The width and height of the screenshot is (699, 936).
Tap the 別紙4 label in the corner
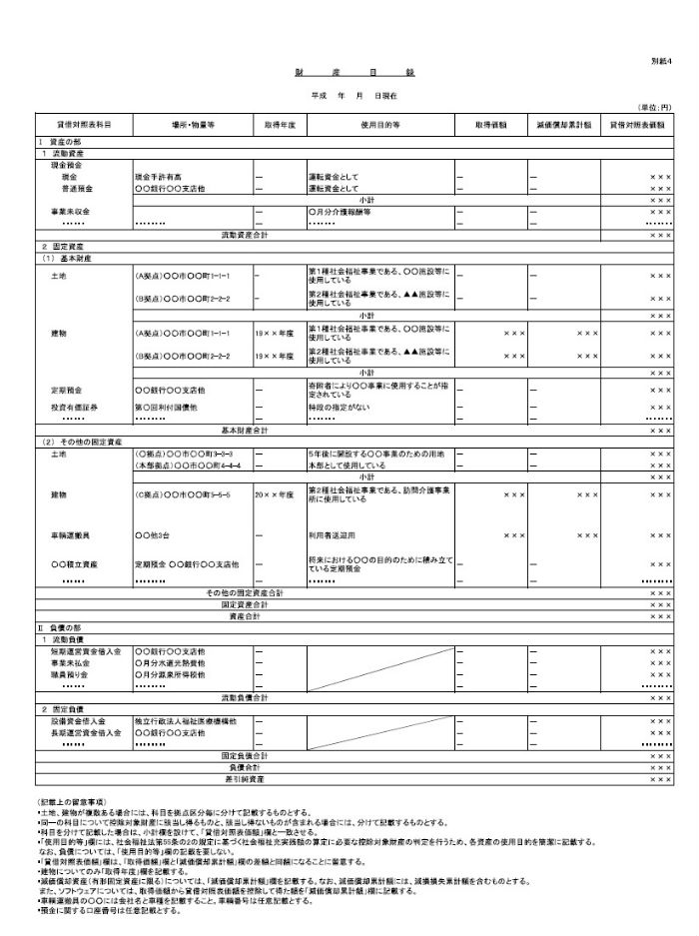(659, 61)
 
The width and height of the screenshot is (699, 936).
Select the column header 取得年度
(279, 125)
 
